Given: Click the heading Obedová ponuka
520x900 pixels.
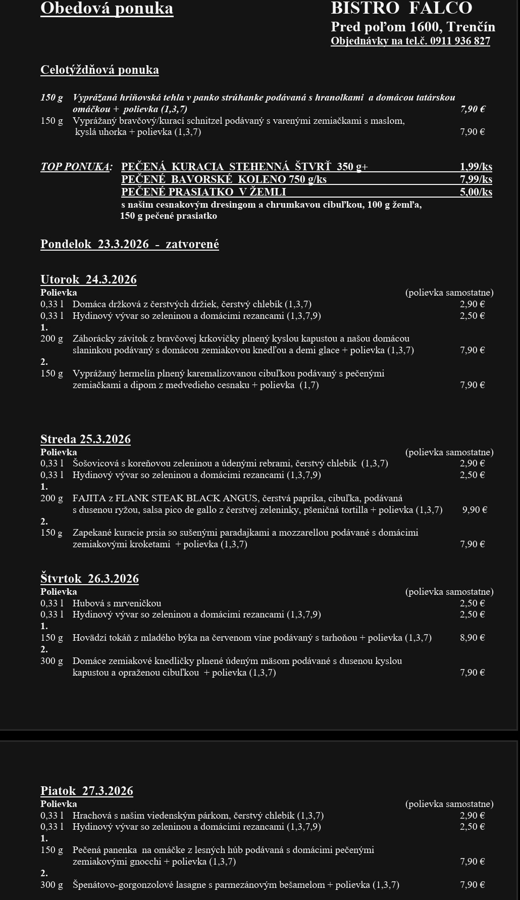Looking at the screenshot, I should (x=107, y=9).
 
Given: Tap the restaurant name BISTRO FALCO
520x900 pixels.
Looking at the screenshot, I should (x=401, y=8).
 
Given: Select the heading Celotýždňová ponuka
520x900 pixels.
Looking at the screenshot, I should (x=99, y=70).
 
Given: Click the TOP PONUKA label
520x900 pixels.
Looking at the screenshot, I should (x=76, y=167).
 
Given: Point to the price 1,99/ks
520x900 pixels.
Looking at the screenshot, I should (x=476, y=167).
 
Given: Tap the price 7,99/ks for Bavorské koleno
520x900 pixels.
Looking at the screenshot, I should (x=476, y=179).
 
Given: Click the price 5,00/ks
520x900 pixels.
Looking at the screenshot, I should (x=476, y=192).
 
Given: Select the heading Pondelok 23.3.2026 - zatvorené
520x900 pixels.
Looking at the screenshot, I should (x=130, y=245).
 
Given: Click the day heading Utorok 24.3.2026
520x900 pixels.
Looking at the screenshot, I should (x=88, y=280).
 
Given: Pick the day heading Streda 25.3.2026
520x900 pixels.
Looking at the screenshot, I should (x=85, y=440).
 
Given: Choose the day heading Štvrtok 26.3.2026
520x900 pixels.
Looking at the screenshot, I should (x=89, y=579).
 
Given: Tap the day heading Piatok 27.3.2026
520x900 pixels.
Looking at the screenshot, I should (x=87, y=791).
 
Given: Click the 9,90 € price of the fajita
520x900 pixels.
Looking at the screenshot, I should (x=475, y=510).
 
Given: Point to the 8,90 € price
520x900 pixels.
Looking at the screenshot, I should (x=472, y=638).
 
